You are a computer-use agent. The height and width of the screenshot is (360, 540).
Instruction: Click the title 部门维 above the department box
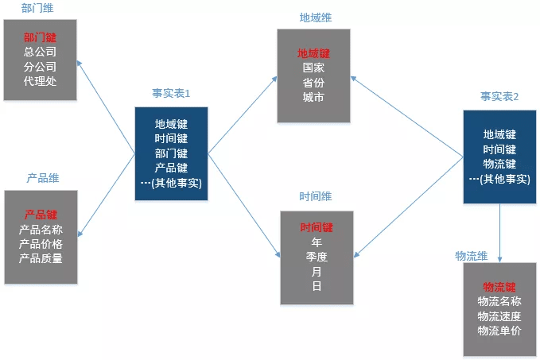[x=37, y=8]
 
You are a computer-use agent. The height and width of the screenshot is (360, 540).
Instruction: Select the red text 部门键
[x=40, y=37]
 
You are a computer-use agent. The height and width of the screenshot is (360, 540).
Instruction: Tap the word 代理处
[x=40, y=81]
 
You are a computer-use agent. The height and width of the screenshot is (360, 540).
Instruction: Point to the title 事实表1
[x=171, y=93]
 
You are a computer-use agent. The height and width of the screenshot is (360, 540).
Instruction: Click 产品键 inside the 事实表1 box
[x=171, y=168]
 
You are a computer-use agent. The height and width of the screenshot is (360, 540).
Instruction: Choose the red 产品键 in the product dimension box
[x=41, y=215]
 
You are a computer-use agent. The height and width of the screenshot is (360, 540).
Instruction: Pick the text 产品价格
[x=41, y=244]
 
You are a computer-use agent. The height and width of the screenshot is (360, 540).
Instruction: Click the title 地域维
[x=316, y=17]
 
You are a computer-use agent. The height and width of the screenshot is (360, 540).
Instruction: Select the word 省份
[x=313, y=83]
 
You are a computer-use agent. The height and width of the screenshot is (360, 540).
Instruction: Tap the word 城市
[x=313, y=97]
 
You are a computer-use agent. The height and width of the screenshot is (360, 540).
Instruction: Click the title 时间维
[x=316, y=196]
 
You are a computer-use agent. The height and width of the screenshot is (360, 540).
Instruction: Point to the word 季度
[x=317, y=257]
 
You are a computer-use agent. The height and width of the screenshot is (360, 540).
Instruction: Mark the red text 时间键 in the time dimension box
[x=317, y=227]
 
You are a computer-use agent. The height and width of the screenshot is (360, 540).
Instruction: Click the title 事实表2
[x=499, y=96]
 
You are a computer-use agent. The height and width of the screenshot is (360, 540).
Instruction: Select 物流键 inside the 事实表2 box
[x=499, y=164]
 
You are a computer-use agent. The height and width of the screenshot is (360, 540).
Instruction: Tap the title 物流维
[x=472, y=256]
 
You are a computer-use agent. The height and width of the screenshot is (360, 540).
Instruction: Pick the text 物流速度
[x=499, y=316]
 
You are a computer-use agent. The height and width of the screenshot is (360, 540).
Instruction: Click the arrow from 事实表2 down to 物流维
[x=499, y=233]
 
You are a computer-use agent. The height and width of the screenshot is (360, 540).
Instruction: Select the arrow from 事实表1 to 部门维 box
[x=106, y=107]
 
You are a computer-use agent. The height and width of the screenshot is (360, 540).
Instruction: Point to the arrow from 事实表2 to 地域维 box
[x=406, y=117]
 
